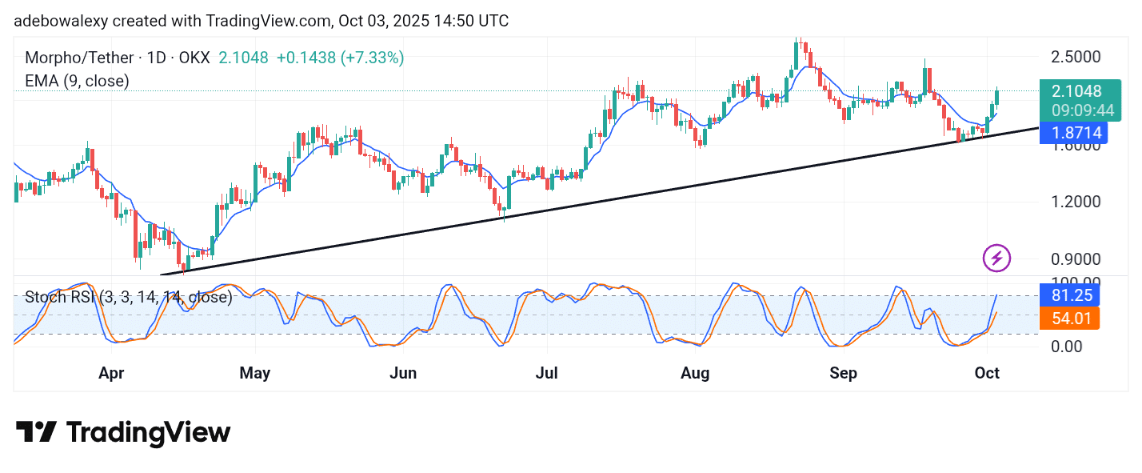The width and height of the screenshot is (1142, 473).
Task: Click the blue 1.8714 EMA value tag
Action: [x=1071, y=133]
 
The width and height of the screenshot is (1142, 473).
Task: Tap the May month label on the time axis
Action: [x=255, y=373]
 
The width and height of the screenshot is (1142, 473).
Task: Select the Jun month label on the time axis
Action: [x=403, y=373]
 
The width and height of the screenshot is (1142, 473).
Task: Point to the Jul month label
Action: [x=547, y=373]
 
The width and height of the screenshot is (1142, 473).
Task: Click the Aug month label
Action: [x=695, y=373]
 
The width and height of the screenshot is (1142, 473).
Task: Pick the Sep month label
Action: [x=843, y=373]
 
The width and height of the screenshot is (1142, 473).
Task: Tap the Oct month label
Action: [x=987, y=373]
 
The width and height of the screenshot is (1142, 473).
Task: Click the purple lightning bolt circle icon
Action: [x=996, y=258]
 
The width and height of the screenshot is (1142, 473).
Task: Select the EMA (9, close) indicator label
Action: [x=77, y=80]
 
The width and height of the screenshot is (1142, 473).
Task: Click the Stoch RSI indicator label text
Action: [x=128, y=298]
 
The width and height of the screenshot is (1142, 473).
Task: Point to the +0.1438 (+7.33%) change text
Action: [x=340, y=58]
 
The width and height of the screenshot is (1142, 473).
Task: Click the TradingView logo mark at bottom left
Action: [x=36, y=432]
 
